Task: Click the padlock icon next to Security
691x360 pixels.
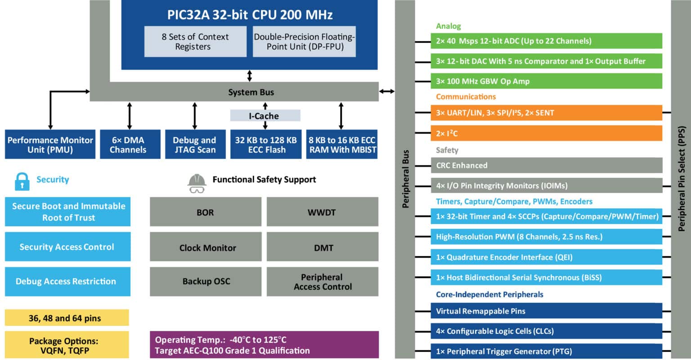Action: coord(22,181)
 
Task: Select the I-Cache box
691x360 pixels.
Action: coord(265,116)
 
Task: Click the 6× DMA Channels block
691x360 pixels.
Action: coord(130,144)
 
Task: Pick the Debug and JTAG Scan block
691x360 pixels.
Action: coord(194,144)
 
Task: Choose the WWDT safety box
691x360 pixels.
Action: coord(322,212)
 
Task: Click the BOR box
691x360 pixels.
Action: coord(205,212)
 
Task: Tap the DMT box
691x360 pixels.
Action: coord(322,247)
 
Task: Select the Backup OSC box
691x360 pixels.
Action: coord(205,282)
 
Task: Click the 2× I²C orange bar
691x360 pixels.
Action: coord(546,133)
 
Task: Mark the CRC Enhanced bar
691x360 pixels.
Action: coord(546,165)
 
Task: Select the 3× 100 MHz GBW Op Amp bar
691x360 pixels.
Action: coord(546,81)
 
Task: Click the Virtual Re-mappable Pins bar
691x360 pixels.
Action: coord(546,311)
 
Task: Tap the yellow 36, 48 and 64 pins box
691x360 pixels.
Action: coord(67,318)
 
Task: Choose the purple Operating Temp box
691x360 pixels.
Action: coord(264,345)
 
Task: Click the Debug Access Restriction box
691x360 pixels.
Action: coord(67,282)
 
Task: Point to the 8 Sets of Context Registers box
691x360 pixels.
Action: coord(195,41)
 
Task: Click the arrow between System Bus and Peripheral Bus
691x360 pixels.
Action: coord(386,91)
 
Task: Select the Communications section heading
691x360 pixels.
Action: coord(466,96)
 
